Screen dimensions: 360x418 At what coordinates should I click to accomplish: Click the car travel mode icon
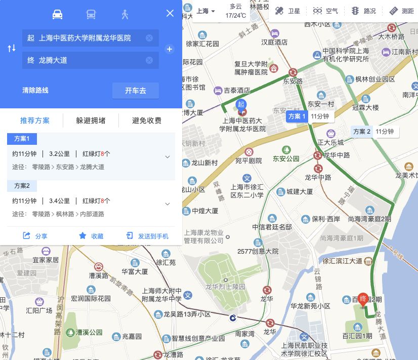point(57,14)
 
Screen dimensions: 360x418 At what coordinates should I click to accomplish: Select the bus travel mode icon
point(91,14)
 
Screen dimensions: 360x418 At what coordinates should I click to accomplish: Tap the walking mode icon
point(125,14)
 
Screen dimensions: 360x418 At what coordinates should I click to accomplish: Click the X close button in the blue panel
point(170,14)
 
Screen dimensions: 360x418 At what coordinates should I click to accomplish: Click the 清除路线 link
point(35,91)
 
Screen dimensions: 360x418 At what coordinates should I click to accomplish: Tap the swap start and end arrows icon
point(12,49)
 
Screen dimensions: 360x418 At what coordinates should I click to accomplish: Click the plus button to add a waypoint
point(170,49)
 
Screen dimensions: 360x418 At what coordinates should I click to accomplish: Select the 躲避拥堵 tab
point(91,121)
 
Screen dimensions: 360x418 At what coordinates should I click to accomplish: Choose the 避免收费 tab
point(147,121)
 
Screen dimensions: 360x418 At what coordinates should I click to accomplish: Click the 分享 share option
point(35,236)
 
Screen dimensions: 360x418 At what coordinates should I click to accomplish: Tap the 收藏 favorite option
point(91,236)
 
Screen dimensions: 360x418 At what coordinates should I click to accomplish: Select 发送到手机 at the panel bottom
point(147,236)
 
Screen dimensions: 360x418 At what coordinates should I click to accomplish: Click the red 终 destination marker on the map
point(363,299)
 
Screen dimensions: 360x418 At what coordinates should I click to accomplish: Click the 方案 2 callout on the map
point(373,132)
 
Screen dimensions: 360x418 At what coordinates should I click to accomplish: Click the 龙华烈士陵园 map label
point(225,287)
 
